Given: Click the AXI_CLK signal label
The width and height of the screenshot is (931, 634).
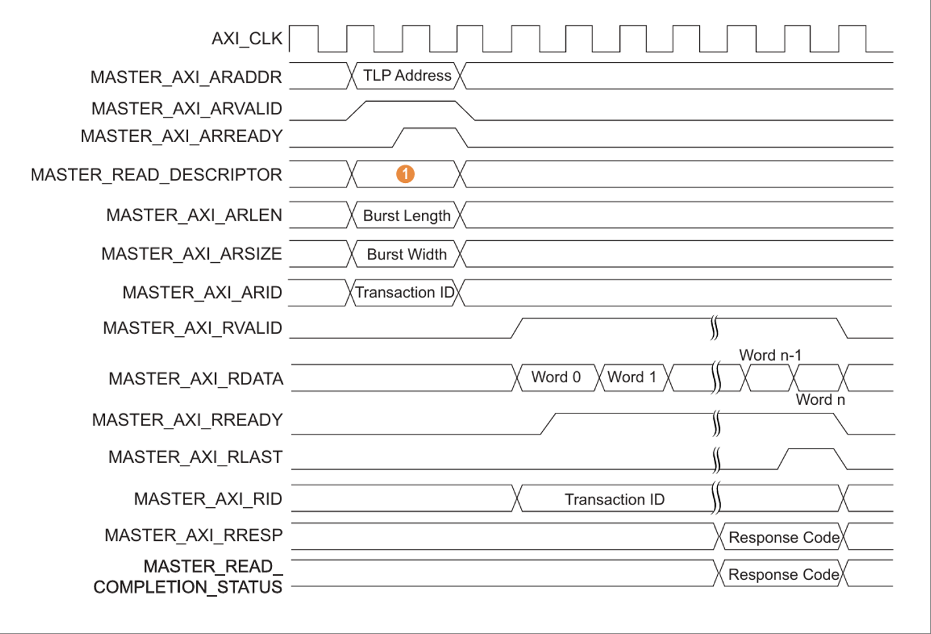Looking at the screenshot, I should pos(247,39).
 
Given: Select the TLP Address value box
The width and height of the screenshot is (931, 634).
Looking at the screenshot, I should pos(407,76).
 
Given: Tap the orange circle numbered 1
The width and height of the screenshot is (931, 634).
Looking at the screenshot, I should pos(405,174).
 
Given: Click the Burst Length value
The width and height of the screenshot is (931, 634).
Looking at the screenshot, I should pos(407,216).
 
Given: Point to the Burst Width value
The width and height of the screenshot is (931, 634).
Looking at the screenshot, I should pos(407,254).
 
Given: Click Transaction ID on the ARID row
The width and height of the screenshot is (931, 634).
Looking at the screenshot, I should pos(405,293).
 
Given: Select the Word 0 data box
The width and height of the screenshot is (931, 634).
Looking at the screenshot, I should pos(556,377).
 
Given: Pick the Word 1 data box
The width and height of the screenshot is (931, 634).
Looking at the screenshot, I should pos(632,377).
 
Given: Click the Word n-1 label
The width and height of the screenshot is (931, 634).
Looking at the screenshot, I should pos(770,355).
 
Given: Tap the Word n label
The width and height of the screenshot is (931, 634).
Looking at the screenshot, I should pos(820,400).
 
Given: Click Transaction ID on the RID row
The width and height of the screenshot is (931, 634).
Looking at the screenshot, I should pos(614,499).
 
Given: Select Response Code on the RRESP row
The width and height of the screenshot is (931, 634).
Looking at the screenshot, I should pos(784,538).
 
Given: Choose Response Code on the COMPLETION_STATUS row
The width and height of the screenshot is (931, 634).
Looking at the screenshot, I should pos(784,575).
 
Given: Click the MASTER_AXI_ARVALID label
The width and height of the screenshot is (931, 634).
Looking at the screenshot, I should pos(187,108).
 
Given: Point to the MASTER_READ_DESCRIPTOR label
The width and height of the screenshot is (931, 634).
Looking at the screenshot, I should pos(156,175).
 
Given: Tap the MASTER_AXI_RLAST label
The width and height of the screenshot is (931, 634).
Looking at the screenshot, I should pos(195,457).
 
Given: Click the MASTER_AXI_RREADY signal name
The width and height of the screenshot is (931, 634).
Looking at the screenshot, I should pos(188,420).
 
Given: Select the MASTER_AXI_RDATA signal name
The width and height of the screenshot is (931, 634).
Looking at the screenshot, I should pos(196,379).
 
